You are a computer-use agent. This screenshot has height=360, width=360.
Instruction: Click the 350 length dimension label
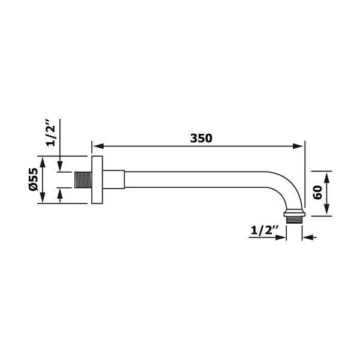[201, 139]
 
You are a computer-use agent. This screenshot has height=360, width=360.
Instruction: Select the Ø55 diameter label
[34, 179]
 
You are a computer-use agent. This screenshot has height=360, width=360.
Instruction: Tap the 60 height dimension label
[317, 192]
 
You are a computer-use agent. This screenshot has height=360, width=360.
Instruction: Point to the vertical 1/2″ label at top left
[51, 133]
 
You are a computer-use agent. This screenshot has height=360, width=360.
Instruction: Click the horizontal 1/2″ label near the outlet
[265, 230]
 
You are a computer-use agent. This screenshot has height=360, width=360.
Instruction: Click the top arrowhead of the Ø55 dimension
[43, 161]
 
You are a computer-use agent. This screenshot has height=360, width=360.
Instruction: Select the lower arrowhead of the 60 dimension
[326, 209]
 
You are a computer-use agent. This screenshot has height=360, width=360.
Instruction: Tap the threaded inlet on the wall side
[83, 179]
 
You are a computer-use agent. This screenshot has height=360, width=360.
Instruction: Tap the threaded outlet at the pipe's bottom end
[294, 218]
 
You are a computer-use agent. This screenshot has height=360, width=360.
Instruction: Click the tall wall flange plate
[97, 179]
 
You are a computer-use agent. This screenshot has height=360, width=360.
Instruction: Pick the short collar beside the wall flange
[113, 179]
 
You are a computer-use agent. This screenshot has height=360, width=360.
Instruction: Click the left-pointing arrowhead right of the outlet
[307, 238]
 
